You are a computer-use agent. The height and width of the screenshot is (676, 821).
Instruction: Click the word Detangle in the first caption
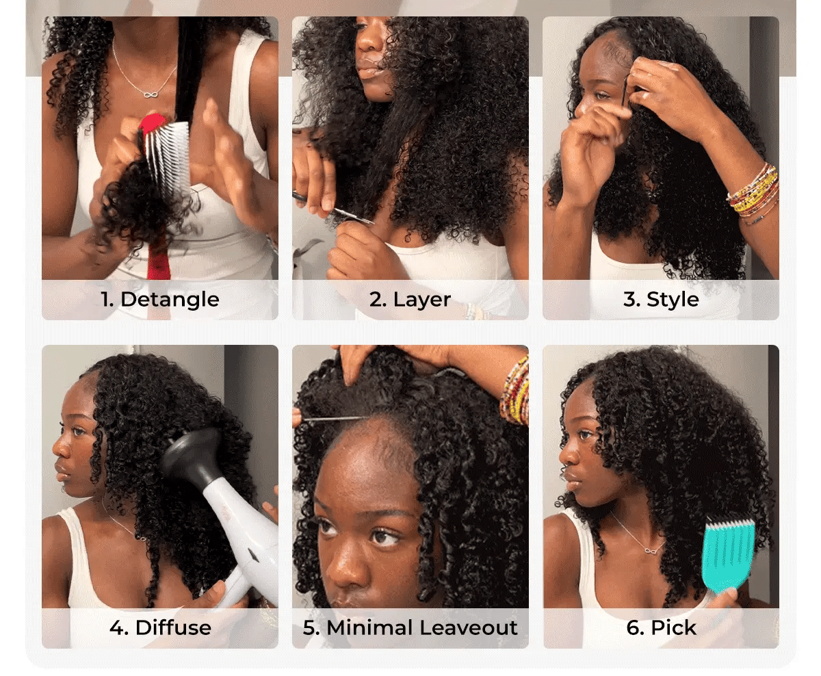click(x=170, y=300)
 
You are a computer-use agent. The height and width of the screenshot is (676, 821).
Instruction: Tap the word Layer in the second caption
click(x=421, y=300)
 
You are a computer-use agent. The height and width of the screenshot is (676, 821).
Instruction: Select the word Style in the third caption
click(x=673, y=300)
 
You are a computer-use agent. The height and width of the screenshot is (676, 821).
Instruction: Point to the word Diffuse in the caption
click(x=173, y=627)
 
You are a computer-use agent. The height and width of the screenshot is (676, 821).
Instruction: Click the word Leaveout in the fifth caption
click(x=468, y=627)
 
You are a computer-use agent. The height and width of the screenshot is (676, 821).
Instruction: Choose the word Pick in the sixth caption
click(x=673, y=627)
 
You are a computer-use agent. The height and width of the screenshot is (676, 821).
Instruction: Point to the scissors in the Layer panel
click(x=333, y=207)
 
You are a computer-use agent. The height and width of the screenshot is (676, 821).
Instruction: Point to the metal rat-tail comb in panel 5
click(x=335, y=419)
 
